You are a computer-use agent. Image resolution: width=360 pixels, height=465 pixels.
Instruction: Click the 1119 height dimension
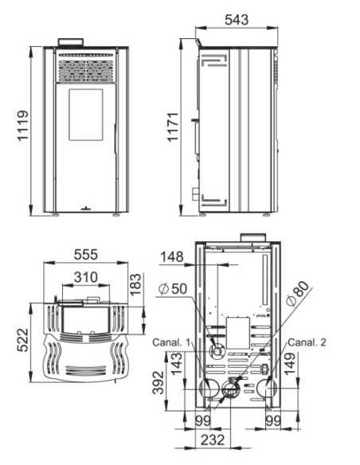click(22, 126)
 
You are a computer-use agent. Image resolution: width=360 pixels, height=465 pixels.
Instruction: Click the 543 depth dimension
click(237, 20)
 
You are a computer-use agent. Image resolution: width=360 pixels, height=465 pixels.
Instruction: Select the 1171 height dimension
click(173, 127)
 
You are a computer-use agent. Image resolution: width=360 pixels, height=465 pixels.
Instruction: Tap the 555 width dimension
click(86, 255)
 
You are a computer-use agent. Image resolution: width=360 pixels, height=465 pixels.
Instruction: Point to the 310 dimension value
click(86, 277)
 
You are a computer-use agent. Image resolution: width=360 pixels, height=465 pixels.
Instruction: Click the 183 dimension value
click(135, 284)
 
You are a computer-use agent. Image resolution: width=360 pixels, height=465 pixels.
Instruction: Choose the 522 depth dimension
click(22, 340)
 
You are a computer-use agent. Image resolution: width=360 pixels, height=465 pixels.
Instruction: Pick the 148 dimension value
click(172, 257)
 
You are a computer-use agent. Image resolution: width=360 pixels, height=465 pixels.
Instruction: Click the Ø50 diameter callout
click(173, 288)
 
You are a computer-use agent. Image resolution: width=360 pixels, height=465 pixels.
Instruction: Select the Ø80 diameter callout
click(297, 294)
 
